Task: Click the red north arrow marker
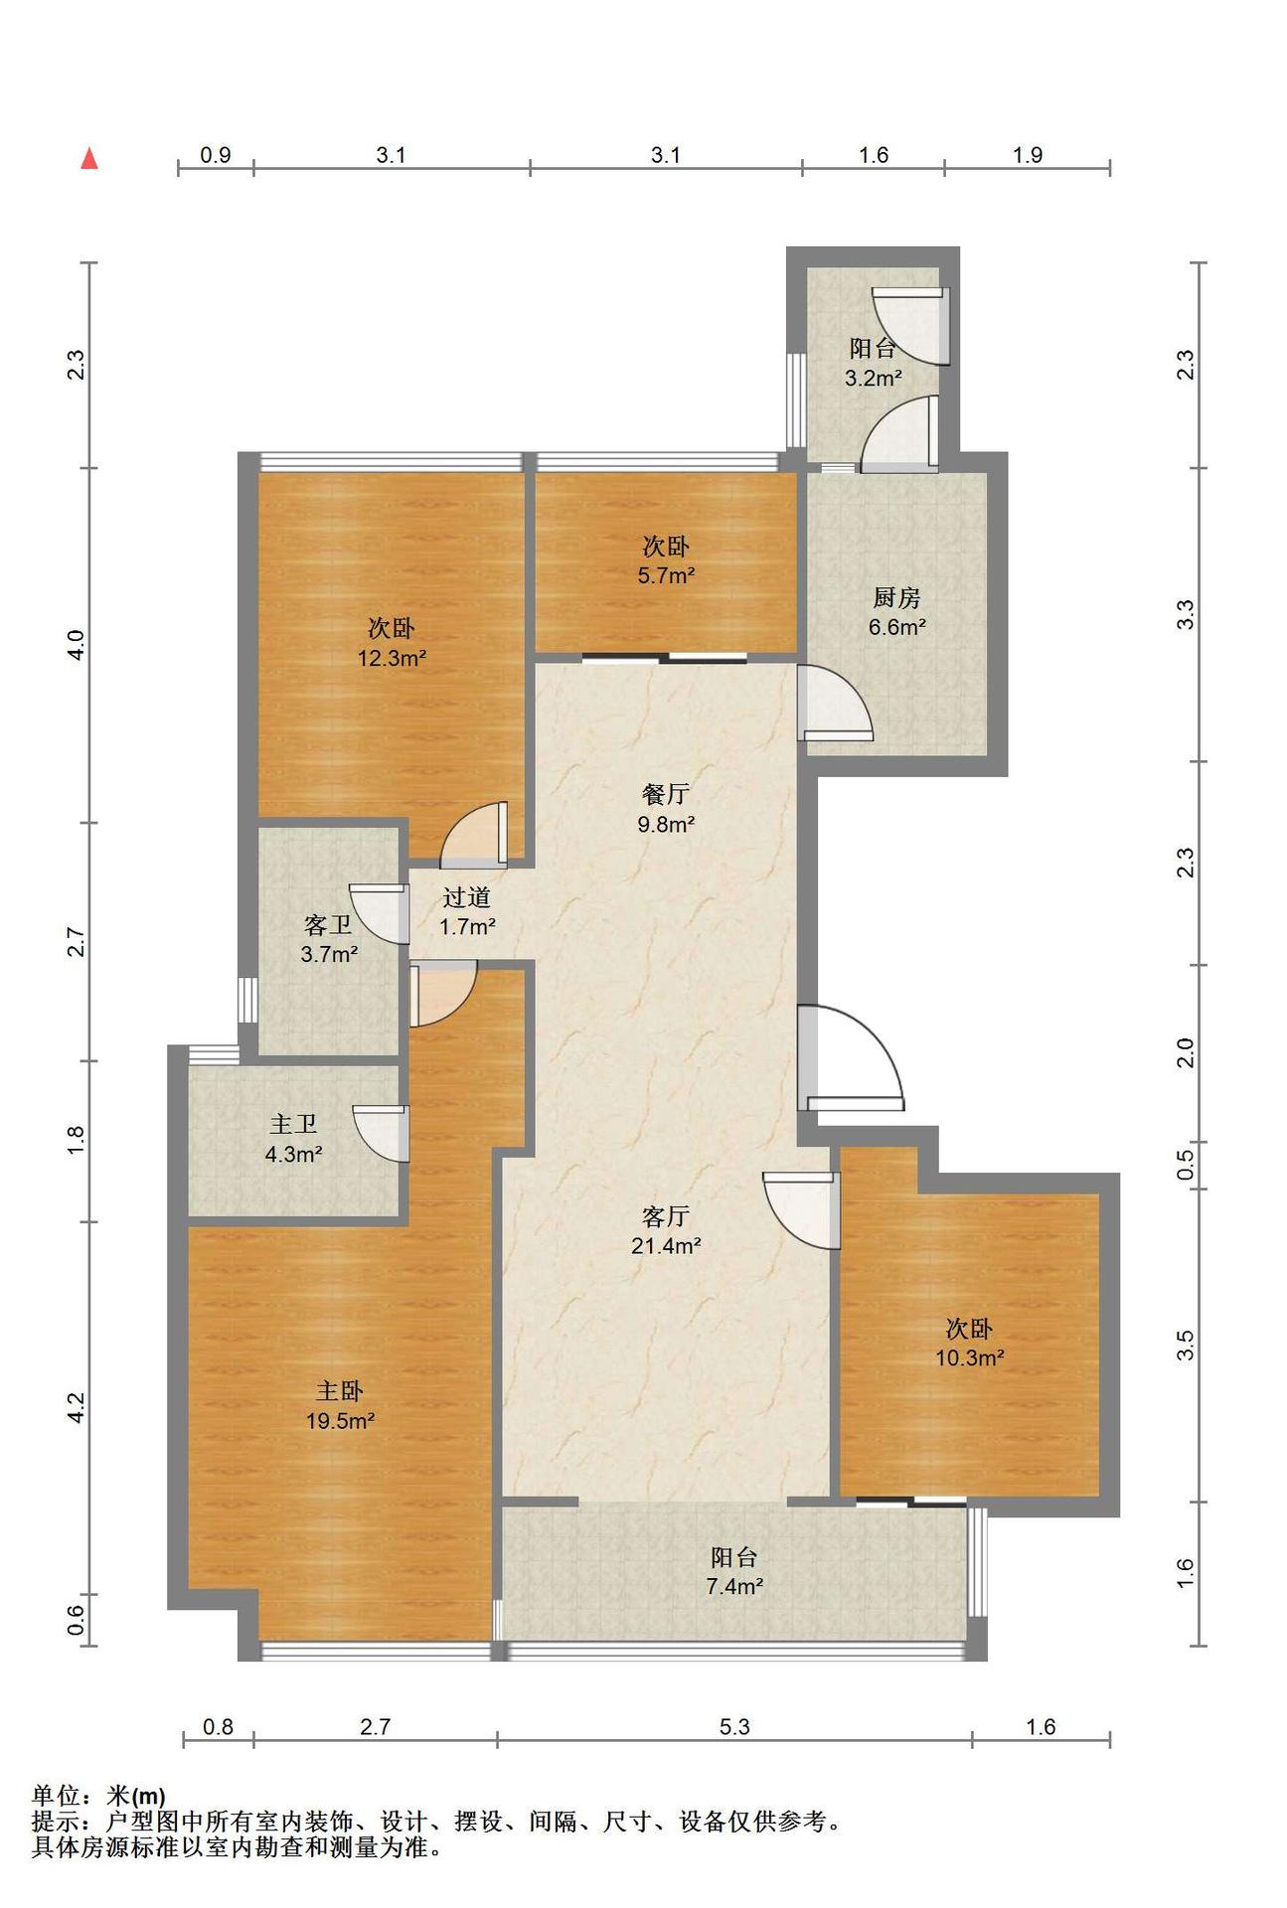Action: coord(89,158)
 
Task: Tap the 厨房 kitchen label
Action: coord(896,598)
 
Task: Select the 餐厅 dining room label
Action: coord(666,794)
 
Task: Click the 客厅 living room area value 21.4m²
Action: coord(666,1245)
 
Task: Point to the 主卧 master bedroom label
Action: coord(340,1391)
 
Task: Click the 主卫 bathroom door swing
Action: coord(381,1134)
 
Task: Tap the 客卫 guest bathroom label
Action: coord(328,925)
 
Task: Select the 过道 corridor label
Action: coord(466,897)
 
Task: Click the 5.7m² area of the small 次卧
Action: coord(666,574)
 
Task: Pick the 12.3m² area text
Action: coord(393,657)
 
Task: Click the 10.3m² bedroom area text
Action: coord(969,1357)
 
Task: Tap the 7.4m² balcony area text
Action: coord(734,1586)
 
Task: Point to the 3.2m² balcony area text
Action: coord(874,378)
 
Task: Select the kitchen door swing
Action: coord(836,703)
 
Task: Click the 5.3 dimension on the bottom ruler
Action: coord(734,1727)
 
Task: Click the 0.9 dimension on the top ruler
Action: coord(216,155)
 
